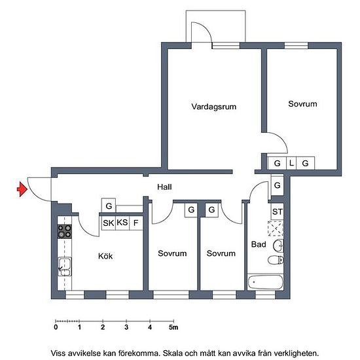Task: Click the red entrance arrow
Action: click(x=22, y=189)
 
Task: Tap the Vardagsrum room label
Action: click(x=214, y=107)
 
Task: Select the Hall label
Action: click(x=164, y=187)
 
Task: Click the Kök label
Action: click(x=105, y=256)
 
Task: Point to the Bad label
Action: click(x=259, y=244)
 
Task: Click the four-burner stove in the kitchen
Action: click(x=65, y=232)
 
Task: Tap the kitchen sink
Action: click(x=65, y=266)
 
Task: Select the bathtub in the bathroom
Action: click(x=265, y=282)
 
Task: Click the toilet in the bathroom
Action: click(x=276, y=260)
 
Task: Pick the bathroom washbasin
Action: click(x=278, y=245)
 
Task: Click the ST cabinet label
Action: click(x=278, y=211)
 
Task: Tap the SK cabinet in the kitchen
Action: click(x=109, y=223)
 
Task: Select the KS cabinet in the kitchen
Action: click(x=122, y=223)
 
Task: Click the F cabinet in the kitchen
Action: click(x=136, y=223)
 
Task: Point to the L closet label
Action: click(x=291, y=163)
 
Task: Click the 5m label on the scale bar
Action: click(x=173, y=327)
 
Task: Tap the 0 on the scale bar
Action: click(x=56, y=327)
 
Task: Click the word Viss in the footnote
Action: click(x=58, y=353)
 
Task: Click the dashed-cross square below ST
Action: click(x=276, y=228)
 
